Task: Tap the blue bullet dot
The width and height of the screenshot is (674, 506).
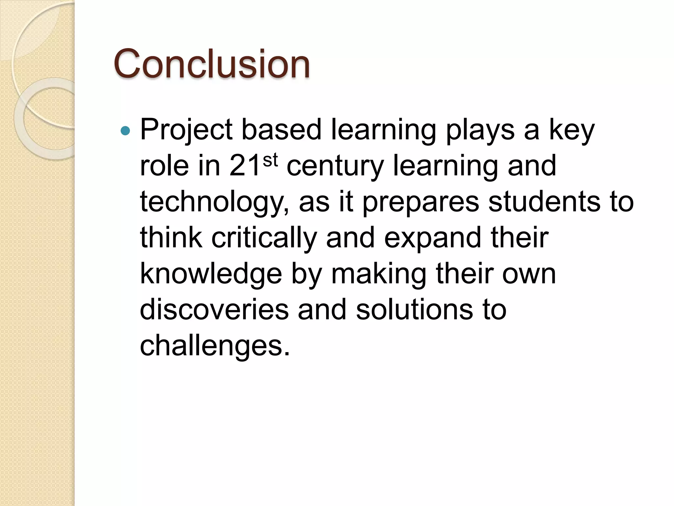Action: (x=125, y=131)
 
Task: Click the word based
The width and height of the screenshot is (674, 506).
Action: (x=281, y=130)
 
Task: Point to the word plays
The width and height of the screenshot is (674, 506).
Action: (x=480, y=130)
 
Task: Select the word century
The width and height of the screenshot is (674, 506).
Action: (x=335, y=166)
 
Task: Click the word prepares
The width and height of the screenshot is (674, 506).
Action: (x=421, y=202)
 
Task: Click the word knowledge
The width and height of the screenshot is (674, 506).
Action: (x=211, y=274)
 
